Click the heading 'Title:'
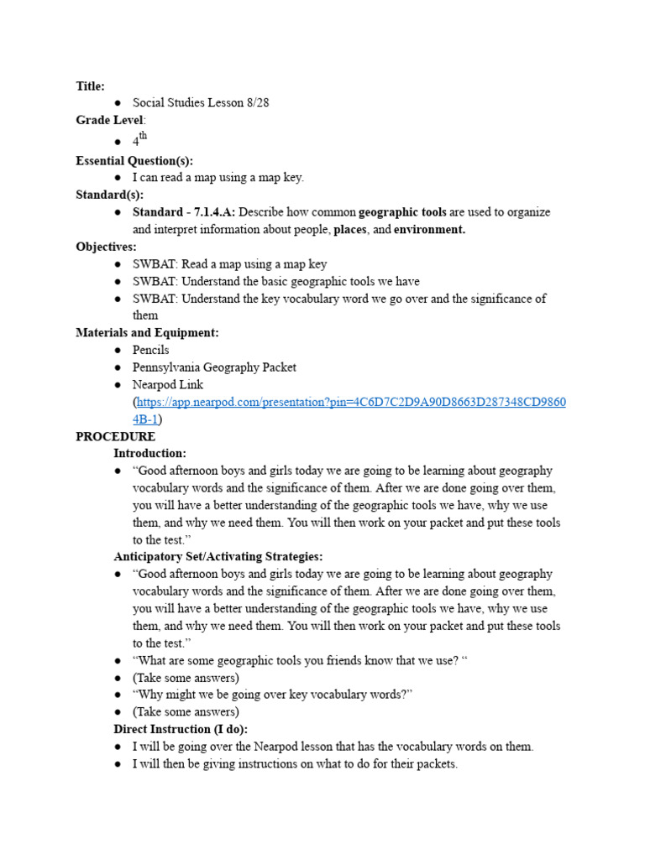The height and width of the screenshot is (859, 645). [90, 86]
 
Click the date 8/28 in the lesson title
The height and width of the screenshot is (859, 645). [256, 103]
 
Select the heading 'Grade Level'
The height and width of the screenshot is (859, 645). [110, 120]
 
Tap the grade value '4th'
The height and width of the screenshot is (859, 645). [139, 141]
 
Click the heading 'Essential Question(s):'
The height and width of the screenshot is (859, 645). [134, 160]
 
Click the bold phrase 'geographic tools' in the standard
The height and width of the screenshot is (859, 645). [402, 212]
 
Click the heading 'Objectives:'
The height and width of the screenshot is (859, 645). [106, 247]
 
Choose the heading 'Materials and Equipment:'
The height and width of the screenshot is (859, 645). [147, 333]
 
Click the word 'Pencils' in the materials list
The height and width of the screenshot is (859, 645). [150, 350]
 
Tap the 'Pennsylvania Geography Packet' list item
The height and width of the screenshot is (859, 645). [214, 367]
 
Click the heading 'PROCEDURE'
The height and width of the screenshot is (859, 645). [115, 437]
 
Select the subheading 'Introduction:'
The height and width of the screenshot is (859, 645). [149, 454]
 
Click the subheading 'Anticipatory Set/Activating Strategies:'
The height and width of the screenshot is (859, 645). [218, 557]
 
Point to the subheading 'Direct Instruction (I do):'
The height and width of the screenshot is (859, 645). [181, 729]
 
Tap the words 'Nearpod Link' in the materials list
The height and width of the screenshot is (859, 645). [168, 384]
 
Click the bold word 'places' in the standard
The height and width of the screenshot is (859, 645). [350, 230]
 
